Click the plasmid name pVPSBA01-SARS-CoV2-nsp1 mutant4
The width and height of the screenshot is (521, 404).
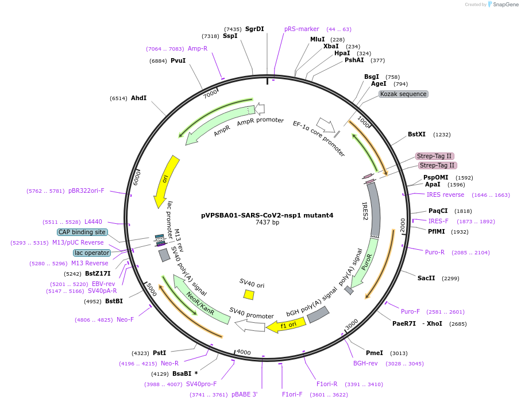click(267, 215)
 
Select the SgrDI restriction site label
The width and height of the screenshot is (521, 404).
click(254, 29)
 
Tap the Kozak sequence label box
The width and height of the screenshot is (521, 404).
click(403, 94)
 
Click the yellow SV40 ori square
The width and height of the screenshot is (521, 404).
click(249, 294)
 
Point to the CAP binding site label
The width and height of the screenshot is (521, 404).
click(82, 232)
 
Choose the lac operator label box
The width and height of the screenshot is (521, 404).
click(92, 253)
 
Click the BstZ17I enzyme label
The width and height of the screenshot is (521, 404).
click(98, 274)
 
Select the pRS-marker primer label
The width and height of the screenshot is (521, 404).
click(302, 29)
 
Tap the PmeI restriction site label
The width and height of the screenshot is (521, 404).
click(374, 353)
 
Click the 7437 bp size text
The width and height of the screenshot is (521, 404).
click(267, 223)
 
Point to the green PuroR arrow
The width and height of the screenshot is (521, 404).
click(366, 262)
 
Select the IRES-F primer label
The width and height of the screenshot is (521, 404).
click(438, 221)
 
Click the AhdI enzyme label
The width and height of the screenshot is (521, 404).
click(138, 98)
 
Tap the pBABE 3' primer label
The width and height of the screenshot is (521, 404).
click(245, 394)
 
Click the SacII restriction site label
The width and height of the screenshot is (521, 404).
click(426, 278)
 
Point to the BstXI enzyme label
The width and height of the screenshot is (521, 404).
click(416, 134)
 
